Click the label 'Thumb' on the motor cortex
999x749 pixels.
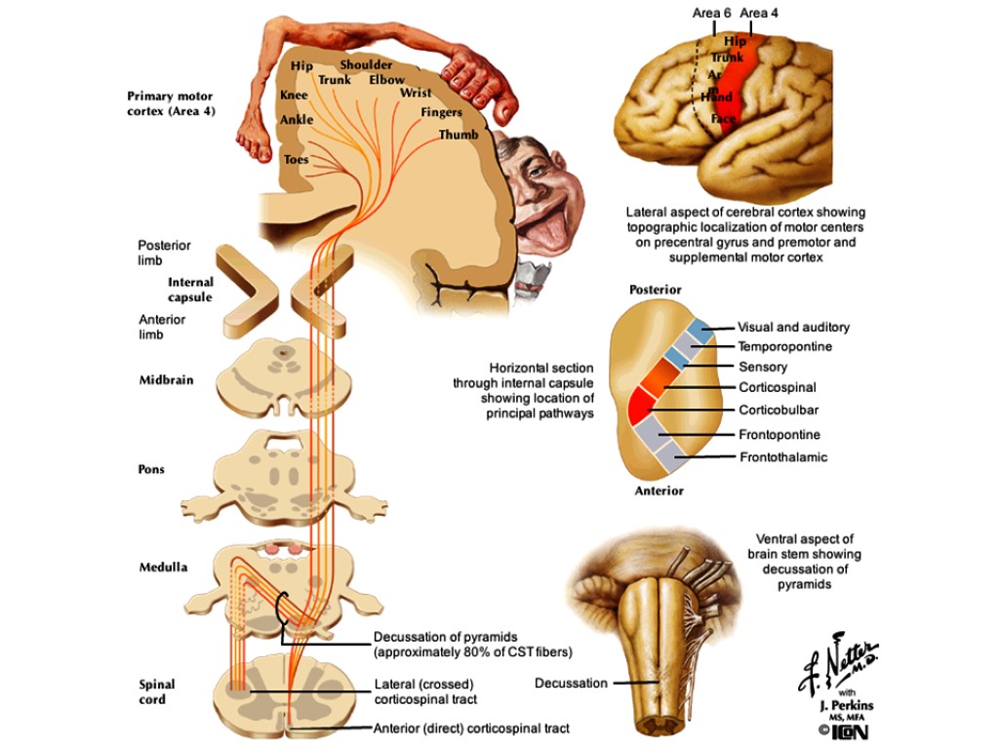(x=459, y=135)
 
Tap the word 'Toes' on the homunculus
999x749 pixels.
(x=296, y=159)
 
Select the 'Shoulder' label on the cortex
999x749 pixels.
(x=366, y=64)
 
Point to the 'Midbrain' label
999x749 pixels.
(x=165, y=380)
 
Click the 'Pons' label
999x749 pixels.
(x=151, y=469)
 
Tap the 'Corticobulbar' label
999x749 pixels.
(x=778, y=411)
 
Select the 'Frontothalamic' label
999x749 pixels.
(x=782, y=456)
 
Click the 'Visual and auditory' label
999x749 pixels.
(x=793, y=328)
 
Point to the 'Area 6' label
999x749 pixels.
(x=711, y=13)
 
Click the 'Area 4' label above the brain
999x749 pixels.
(x=759, y=13)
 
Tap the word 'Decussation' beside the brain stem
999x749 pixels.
(x=571, y=683)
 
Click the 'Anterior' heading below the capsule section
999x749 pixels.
(x=659, y=491)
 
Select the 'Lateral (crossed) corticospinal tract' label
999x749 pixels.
(x=425, y=691)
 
